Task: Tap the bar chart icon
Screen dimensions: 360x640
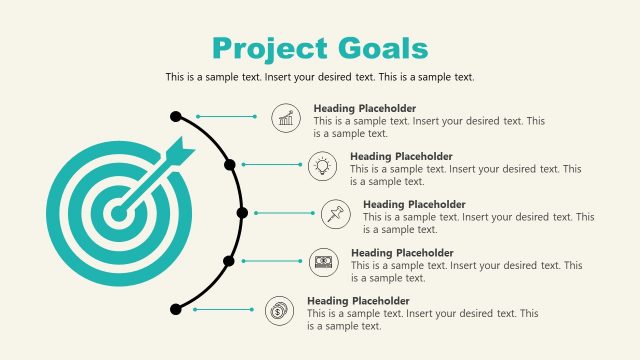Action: tap(287, 118)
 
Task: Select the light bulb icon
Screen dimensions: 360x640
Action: tap(322, 166)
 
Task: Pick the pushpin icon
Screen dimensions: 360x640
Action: tap(335, 213)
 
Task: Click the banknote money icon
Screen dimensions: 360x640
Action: tap(323, 261)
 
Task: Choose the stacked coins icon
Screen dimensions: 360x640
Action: tap(279, 310)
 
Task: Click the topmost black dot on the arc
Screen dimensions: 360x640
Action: tap(176, 117)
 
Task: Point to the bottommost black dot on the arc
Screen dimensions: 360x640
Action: tap(176, 310)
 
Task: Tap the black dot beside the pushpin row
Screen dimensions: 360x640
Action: tap(242, 213)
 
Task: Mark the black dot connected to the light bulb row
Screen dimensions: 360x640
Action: tap(230, 164)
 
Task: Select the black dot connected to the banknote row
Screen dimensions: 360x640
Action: tap(229, 261)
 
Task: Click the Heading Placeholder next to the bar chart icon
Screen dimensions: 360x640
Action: tap(365, 108)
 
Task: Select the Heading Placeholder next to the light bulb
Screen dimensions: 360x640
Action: tap(401, 156)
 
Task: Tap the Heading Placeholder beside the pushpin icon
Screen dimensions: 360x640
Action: tap(414, 204)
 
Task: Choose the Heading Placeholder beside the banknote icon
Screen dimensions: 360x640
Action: tap(402, 253)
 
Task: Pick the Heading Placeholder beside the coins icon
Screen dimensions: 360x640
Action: tap(358, 301)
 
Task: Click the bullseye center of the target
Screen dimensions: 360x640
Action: tap(118, 212)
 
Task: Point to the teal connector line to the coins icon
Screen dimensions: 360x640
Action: tap(224, 310)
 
